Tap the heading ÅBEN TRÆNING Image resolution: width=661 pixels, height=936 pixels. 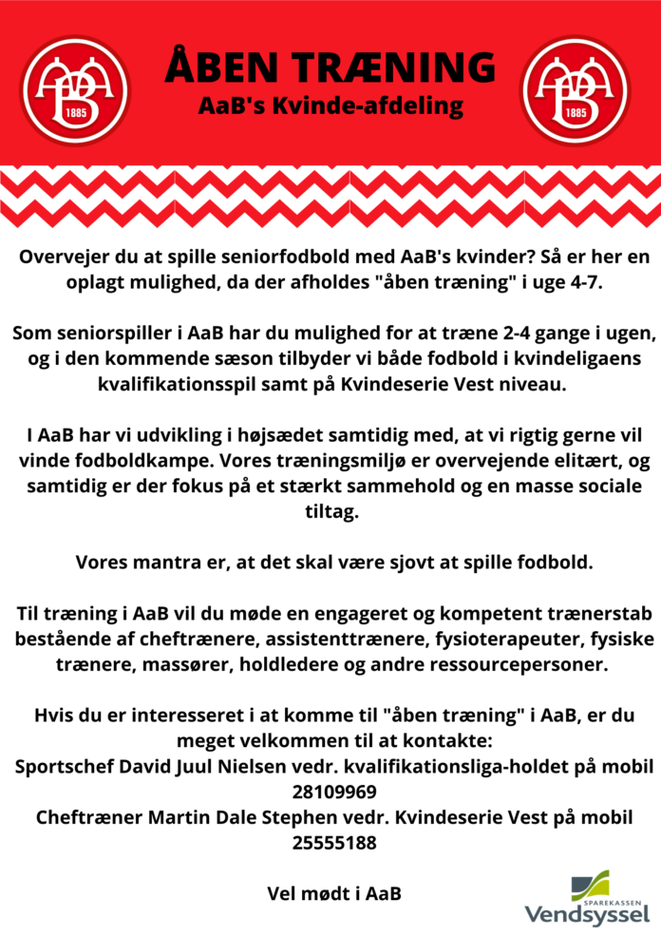click(x=330, y=67)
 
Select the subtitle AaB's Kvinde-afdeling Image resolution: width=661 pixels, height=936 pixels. click(x=330, y=105)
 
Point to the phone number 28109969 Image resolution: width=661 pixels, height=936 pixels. click(x=330, y=792)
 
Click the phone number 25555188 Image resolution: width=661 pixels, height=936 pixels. click(x=330, y=842)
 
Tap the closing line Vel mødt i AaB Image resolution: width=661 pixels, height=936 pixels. click(x=330, y=893)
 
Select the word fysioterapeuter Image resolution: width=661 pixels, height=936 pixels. click(x=465, y=638)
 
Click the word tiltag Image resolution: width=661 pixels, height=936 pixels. click(x=330, y=511)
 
